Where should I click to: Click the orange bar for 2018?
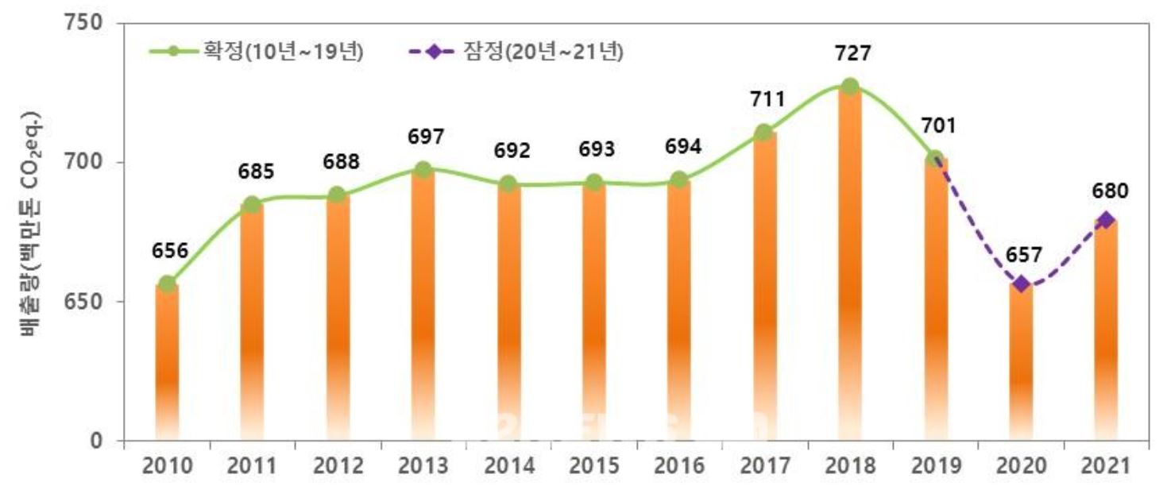point(850,262)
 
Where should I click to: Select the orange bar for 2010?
point(167,361)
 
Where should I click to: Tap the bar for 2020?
point(1021,361)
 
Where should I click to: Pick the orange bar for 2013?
point(423,306)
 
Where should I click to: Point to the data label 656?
point(169,251)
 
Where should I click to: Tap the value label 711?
point(767,100)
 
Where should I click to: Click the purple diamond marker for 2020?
point(1021,284)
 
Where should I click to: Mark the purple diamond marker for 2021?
point(1106,220)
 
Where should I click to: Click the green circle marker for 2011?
point(253,205)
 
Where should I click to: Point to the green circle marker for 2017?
point(764,133)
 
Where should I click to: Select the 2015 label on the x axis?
point(593,466)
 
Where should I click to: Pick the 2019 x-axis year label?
point(935,466)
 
